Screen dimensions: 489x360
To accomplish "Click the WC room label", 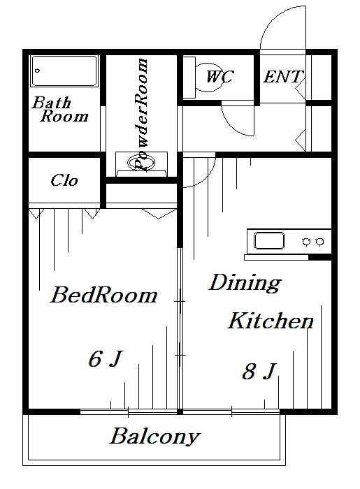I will [219, 76].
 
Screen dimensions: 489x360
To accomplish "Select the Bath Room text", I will [61, 110].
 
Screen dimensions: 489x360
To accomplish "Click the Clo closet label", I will [64, 180].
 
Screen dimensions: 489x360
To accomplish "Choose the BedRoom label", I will [104, 295].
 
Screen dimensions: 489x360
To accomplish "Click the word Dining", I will [245, 283].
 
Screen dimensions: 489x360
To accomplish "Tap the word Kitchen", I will [271, 321].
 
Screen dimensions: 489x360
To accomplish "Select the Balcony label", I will [155, 438].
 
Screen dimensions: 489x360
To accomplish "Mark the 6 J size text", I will [106, 359].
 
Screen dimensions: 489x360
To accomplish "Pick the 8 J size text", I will [258, 372].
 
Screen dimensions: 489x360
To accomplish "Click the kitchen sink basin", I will [270, 241].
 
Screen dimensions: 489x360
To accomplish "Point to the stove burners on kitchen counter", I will [312, 241].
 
